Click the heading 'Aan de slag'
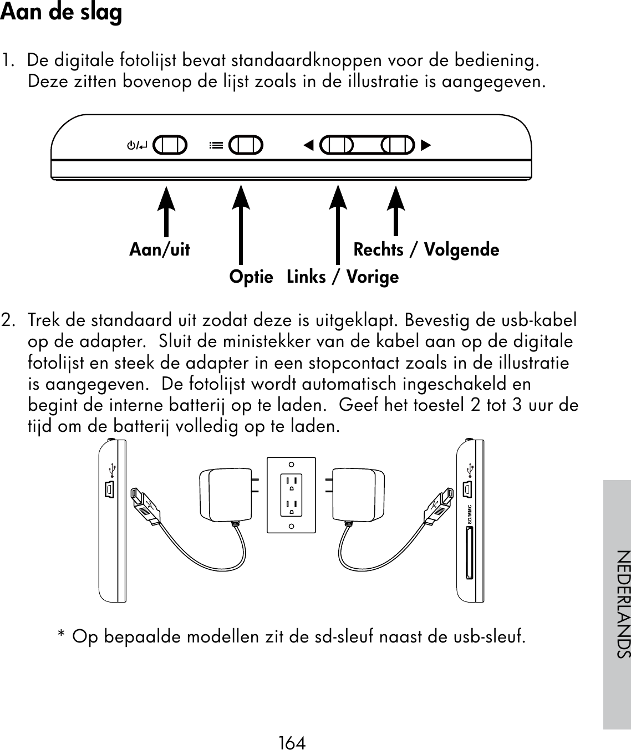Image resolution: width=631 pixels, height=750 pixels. click(x=61, y=13)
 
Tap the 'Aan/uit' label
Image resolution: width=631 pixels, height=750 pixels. click(x=160, y=250)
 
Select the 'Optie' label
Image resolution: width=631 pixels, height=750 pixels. click(x=251, y=277)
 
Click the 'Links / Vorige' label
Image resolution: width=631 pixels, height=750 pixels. click(x=343, y=277)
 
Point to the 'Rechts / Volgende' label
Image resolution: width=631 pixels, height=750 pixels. click(x=426, y=250)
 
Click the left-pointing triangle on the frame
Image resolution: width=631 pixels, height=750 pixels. click(x=308, y=146)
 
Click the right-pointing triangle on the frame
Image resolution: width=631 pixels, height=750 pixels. click(x=425, y=146)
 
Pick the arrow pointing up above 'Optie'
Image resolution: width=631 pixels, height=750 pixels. click(x=240, y=225)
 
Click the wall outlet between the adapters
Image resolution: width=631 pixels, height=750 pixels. click(x=291, y=495)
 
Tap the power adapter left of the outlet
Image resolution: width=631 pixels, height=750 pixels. click(x=225, y=494)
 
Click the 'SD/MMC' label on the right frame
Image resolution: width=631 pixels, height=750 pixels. click(x=469, y=515)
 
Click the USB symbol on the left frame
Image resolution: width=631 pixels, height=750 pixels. click(x=113, y=469)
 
